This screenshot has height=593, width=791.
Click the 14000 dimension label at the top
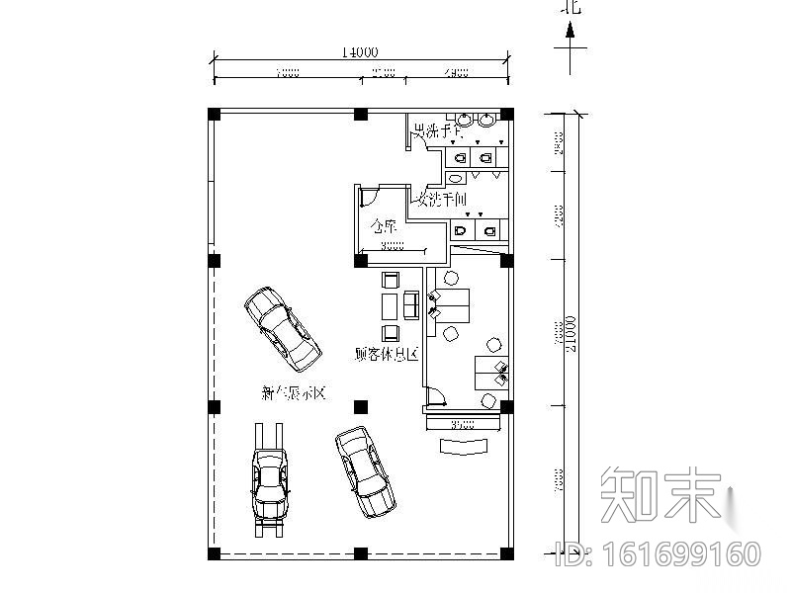click(359, 52)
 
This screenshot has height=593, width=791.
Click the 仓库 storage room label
click(384, 226)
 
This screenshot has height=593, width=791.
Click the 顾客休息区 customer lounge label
click(385, 353)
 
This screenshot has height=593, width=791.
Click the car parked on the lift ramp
click(270, 481)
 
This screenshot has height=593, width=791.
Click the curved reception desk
click(465, 446)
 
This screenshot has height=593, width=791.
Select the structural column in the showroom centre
click(360, 405)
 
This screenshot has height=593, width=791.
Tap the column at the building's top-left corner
click(214, 114)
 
